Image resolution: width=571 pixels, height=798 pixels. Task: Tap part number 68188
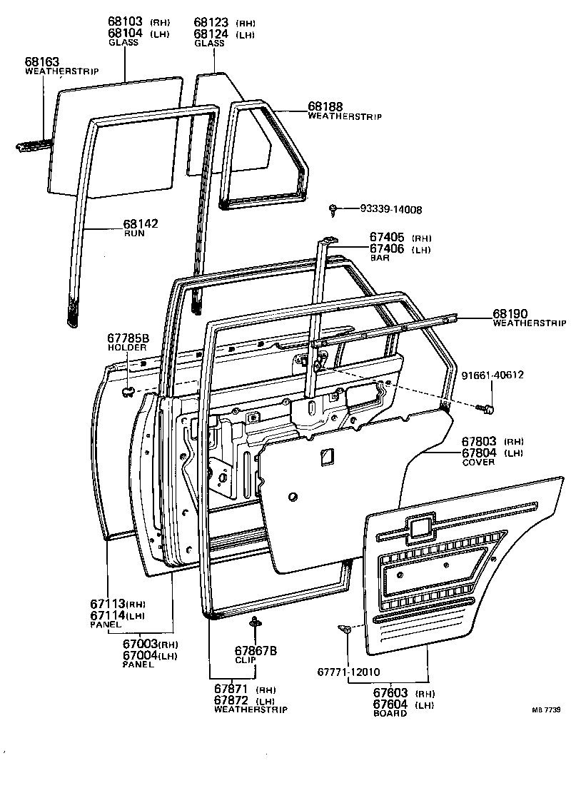point(326,106)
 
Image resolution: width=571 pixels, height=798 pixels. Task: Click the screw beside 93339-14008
point(333,209)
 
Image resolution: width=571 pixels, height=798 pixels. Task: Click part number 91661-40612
point(497,376)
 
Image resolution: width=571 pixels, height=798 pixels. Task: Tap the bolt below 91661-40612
point(489,409)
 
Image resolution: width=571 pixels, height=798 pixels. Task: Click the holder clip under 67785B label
point(128,390)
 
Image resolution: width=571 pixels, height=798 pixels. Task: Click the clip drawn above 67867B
point(255,625)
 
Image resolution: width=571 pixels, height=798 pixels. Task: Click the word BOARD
point(389,714)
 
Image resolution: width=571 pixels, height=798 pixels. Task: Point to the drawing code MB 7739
point(545,709)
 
